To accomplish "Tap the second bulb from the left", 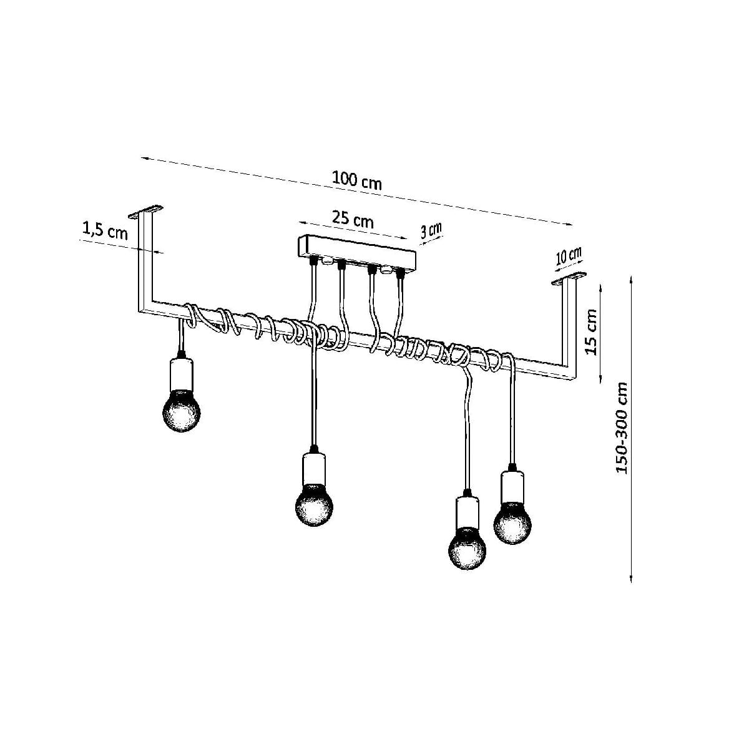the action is tap(314, 505).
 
